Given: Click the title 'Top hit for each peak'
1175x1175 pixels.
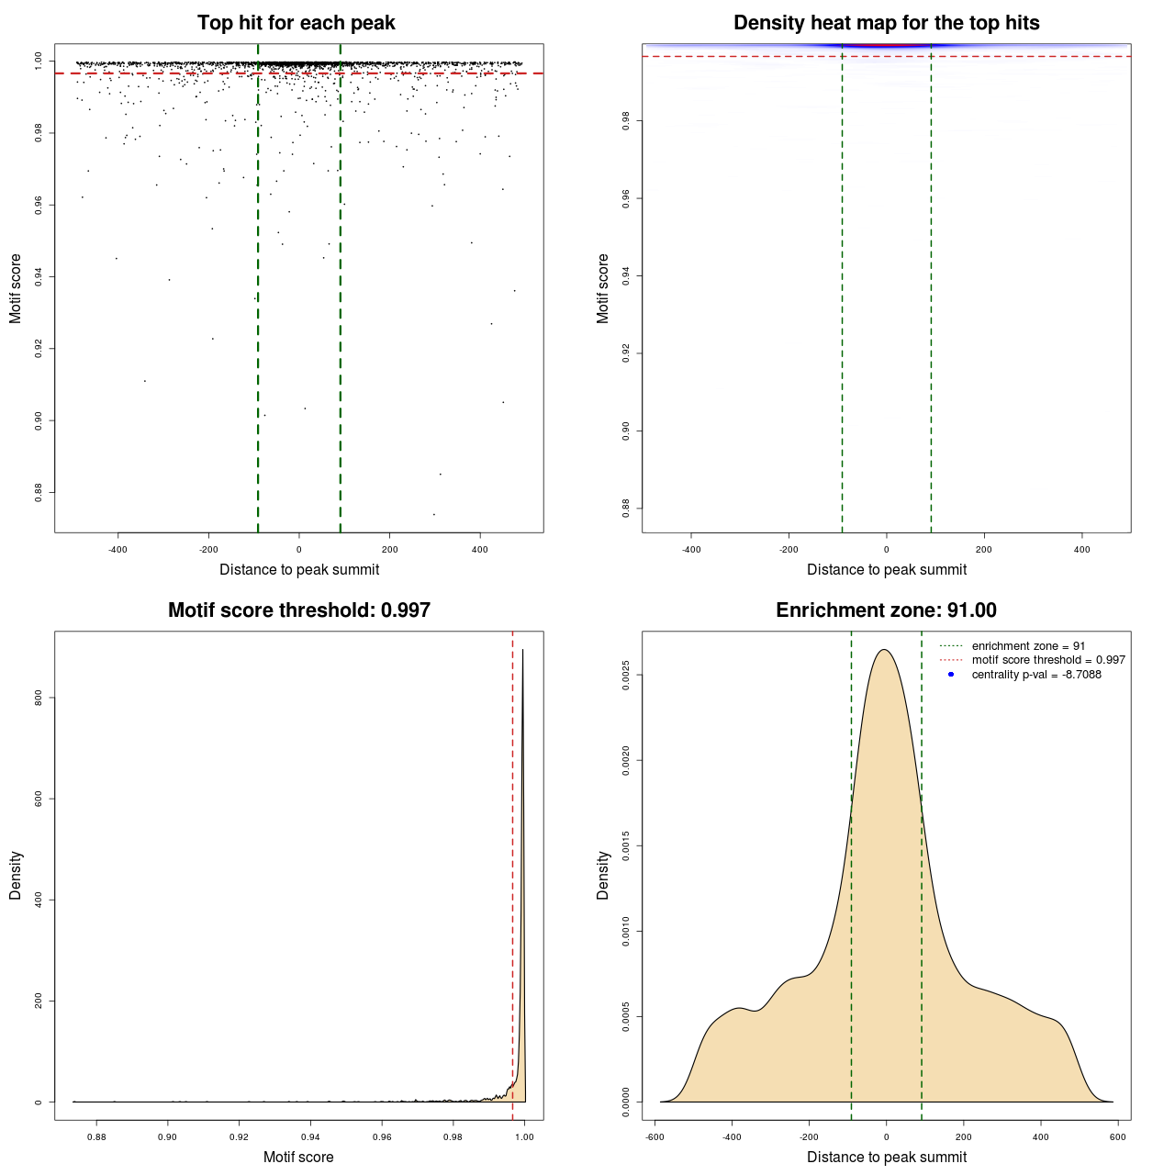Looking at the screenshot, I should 296,23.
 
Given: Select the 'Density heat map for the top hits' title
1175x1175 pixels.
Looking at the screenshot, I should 886,23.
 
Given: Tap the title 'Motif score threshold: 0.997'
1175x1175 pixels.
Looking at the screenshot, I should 298,610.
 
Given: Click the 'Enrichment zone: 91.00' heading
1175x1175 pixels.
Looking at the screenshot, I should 886,610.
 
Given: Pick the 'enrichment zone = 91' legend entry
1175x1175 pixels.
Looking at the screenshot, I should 1028,646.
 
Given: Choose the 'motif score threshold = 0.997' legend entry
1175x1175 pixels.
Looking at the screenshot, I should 1048,660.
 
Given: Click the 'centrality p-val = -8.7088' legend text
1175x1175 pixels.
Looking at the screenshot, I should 1036,675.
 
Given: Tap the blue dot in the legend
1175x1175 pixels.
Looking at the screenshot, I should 951,675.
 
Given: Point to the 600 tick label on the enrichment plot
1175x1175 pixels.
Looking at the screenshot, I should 1117,1136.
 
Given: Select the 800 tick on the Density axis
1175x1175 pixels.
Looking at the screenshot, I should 39,698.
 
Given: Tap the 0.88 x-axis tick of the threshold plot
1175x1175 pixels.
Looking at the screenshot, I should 96,1136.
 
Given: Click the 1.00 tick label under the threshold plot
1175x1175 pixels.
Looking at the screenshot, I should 524,1136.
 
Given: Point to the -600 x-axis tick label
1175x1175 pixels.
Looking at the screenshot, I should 655,1136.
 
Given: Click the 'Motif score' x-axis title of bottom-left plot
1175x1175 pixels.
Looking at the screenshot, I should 298,1157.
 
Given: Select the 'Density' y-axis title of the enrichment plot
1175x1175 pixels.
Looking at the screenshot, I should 603,875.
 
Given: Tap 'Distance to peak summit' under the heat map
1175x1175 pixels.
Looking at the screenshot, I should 886,569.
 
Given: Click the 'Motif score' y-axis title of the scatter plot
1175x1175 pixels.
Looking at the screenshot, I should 16,288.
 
